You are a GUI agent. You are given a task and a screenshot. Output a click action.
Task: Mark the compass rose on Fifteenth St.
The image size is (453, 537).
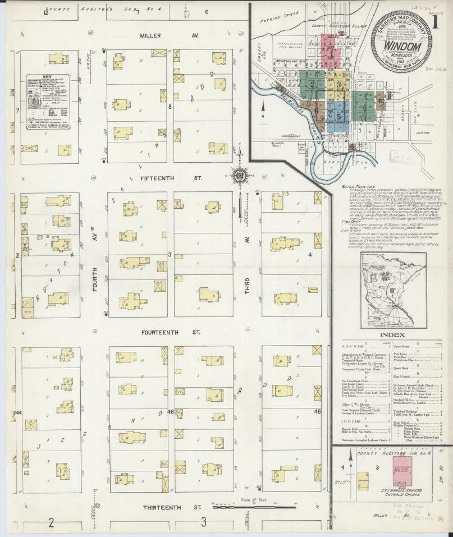(239, 176)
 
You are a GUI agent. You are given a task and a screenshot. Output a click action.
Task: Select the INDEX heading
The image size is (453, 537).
(392, 335)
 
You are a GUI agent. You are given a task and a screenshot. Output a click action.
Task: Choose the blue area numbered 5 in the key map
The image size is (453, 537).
(338, 116)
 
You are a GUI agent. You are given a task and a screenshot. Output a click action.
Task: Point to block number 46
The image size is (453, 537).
(170, 412)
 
